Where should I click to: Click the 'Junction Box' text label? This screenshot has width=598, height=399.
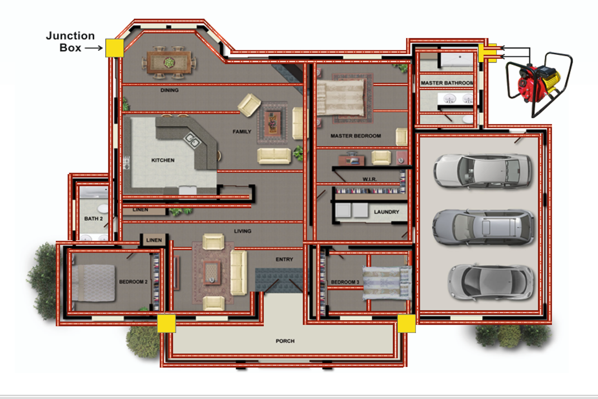click(70, 42)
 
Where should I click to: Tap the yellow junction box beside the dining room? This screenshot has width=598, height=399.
click(114, 48)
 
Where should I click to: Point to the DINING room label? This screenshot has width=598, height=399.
click(169, 90)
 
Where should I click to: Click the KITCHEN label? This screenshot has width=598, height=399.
click(163, 160)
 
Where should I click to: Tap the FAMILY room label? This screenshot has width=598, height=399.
click(242, 132)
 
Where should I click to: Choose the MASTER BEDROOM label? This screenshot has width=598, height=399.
click(355, 136)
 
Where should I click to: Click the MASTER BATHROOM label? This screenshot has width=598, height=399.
click(447, 83)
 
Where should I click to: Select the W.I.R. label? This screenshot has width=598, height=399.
click(369, 179)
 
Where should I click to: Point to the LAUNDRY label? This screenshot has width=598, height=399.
click(386, 212)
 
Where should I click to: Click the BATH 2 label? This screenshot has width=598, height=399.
click(93, 218)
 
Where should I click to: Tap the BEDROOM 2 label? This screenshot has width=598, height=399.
click(133, 282)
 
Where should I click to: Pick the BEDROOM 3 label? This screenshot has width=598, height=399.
click(345, 282)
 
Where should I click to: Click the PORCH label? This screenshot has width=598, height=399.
click(285, 341)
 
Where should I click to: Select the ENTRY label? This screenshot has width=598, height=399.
click(284, 259)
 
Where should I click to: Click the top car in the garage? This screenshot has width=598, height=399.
click(483, 171)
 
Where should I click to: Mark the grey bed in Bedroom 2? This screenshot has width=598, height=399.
click(93, 283)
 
